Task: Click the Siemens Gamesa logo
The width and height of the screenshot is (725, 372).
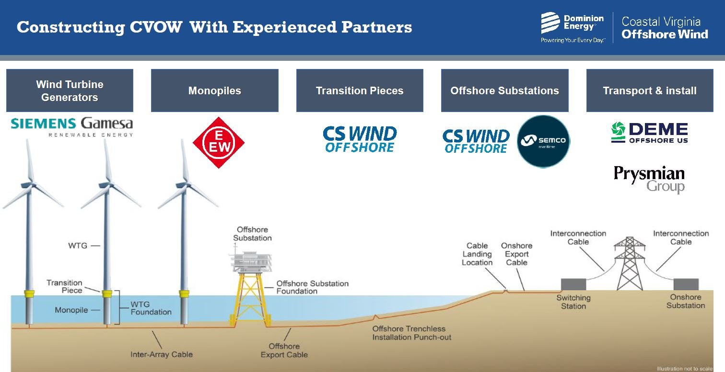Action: pyautogui.click(x=71, y=126)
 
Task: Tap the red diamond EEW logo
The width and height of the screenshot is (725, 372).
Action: pyautogui.click(x=219, y=143)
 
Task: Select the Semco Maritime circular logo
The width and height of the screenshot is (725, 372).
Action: pyautogui.click(x=543, y=141)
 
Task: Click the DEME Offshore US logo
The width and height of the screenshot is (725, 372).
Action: pyautogui.click(x=649, y=133)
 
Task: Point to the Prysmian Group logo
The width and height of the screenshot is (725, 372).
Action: pyautogui.click(x=649, y=179)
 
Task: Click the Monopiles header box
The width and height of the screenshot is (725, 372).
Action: pyautogui.click(x=214, y=90)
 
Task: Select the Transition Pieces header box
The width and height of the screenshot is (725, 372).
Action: pyautogui.click(x=360, y=90)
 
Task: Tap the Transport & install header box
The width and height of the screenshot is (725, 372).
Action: pyautogui.click(x=649, y=90)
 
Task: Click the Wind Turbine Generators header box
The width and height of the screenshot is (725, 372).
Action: pyautogui.click(x=70, y=90)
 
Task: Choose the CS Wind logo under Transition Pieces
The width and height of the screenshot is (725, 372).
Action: pyautogui.click(x=360, y=139)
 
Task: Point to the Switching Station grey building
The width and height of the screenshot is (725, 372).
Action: pyautogui.click(x=573, y=284)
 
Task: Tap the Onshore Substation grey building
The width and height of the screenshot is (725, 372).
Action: pyautogui.click(x=686, y=284)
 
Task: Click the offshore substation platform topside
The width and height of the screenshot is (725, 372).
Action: pyautogui.click(x=250, y=261)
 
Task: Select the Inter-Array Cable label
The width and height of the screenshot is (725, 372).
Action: pyautogui.click(x=162, y=355)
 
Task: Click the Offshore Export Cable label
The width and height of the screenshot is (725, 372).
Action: pyautogui.click(x=284, y=350)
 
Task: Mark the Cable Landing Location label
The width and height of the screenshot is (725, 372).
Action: pyautogui.click(x=477, y=254)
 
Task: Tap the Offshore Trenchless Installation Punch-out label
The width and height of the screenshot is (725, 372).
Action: pyautogui.click(x=411, y=333)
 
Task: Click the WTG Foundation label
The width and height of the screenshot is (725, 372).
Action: pyautogui.click(x=151, y=308)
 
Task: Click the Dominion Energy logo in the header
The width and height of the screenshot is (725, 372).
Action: pyautogui.click(x=573, y=27)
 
